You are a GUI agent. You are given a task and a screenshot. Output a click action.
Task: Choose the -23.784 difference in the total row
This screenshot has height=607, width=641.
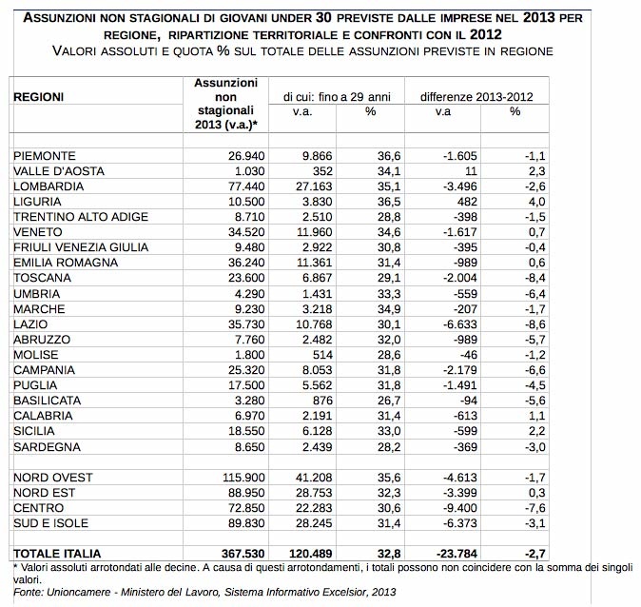(x=451, y=553)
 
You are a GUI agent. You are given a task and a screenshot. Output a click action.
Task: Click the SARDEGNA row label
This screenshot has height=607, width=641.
(x=46, y=446)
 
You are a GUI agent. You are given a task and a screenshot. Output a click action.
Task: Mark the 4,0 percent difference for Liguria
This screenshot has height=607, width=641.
(x=513, y=201)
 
